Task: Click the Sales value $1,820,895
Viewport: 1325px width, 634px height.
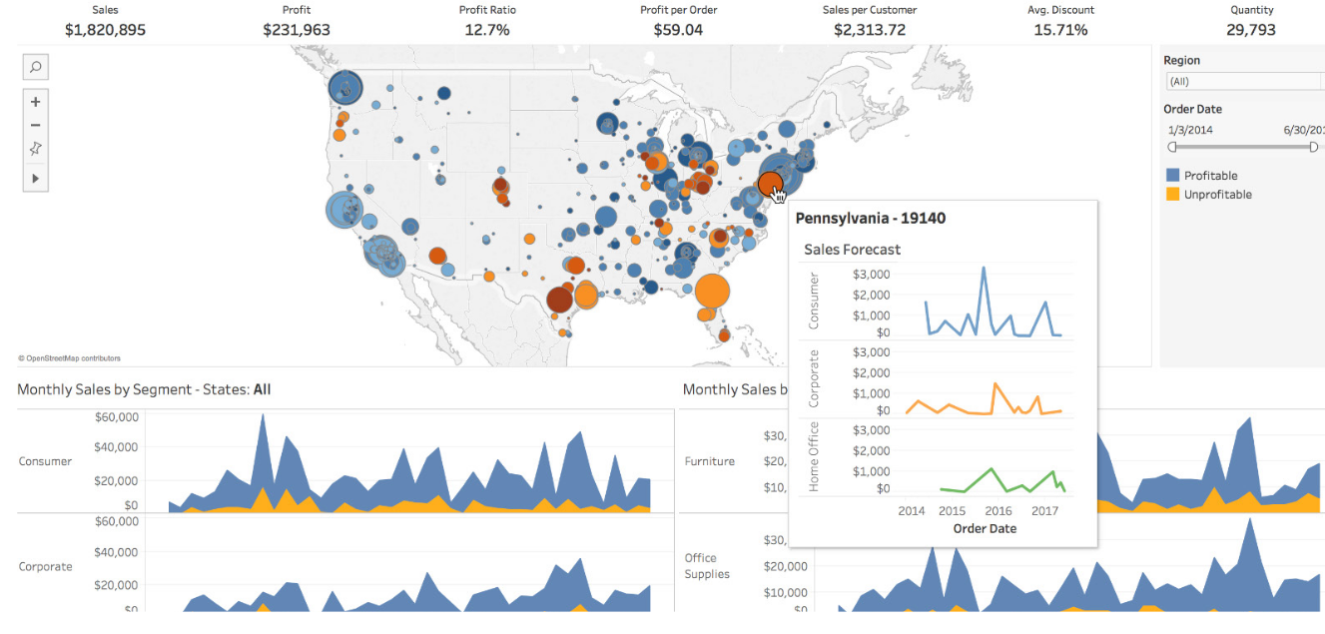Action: point(105,30)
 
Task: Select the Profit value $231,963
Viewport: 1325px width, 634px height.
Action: point(297,30)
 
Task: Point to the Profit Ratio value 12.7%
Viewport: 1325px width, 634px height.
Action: point(487,30)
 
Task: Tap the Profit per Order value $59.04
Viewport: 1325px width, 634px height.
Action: point(678,30)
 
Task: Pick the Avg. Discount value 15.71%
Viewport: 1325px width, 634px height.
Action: point(1060,30)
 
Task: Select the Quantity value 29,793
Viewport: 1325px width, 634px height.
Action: point(1251,30)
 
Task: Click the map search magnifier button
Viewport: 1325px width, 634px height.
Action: point(35,67)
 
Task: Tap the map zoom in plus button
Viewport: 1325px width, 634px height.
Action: point(35,102)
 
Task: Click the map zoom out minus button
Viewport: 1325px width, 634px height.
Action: point(35,125)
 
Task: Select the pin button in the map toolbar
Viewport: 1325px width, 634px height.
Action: point(35,149)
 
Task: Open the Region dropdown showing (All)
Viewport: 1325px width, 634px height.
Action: point(1243,82)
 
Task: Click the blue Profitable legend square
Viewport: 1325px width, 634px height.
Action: point(1172,176)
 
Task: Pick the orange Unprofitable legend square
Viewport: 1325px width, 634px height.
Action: point(1172,195)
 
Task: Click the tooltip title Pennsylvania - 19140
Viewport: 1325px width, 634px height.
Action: point(870,218)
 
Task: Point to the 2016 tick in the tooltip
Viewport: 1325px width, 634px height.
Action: point(998,511)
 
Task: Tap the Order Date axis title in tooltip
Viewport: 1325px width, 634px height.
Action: point(985,528)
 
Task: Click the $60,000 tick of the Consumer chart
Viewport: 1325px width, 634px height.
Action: point(117,417)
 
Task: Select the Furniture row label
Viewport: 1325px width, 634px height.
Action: point(710,461)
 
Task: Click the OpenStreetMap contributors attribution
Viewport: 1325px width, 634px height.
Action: point(69,357)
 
